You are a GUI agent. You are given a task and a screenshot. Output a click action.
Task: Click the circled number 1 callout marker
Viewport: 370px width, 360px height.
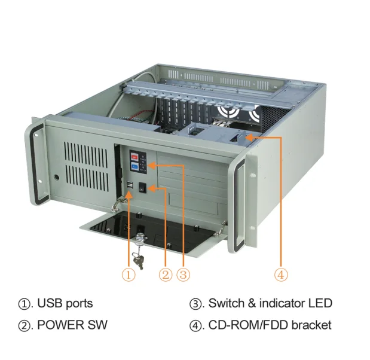129,274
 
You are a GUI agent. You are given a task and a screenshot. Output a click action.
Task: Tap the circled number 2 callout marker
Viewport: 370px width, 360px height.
166,274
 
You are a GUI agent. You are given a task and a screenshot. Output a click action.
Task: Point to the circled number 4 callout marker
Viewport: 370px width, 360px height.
281,274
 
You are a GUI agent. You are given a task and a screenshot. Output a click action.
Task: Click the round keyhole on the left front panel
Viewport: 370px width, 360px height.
56,177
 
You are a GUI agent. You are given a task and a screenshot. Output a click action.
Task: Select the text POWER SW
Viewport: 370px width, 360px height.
72,325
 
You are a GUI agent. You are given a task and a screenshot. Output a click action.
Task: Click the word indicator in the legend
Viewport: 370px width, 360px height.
274,303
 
